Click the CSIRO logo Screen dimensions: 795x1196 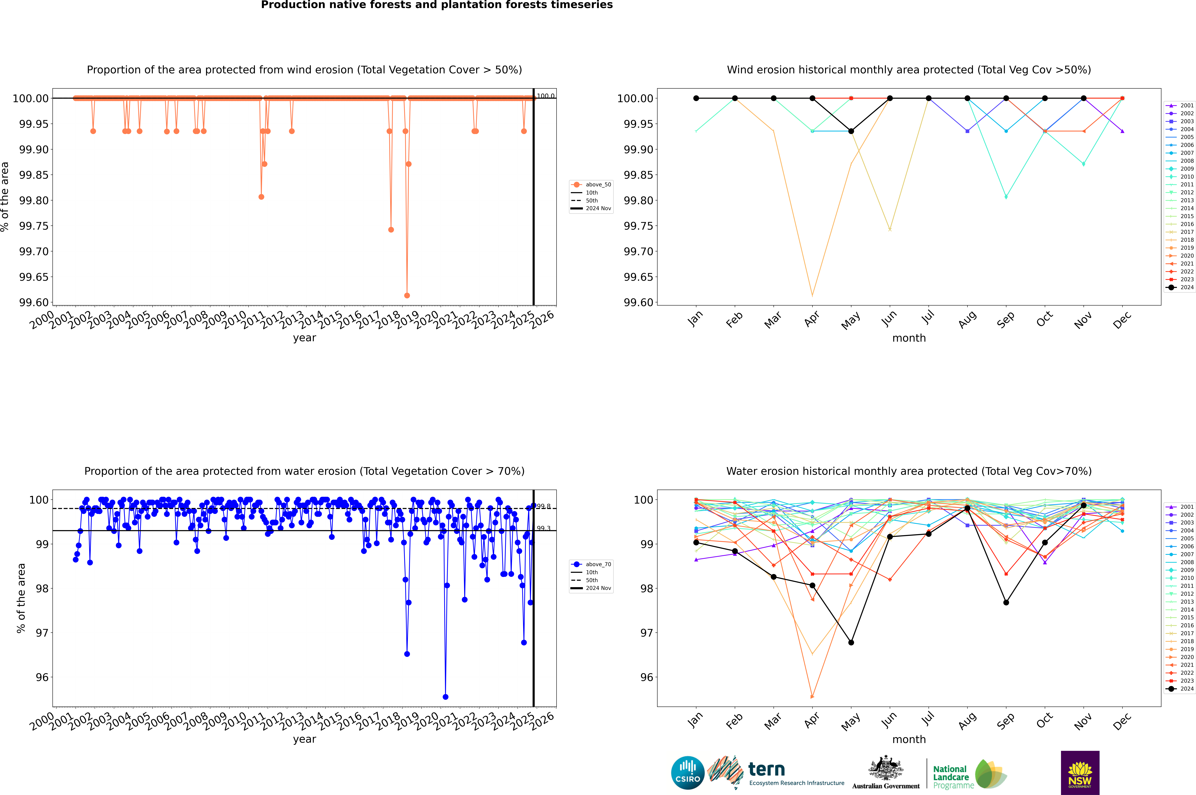click(687, 773)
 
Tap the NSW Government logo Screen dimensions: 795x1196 click(1080, 773)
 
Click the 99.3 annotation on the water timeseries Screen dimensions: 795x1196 click(544, 528)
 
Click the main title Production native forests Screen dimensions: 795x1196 click(437, 5)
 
